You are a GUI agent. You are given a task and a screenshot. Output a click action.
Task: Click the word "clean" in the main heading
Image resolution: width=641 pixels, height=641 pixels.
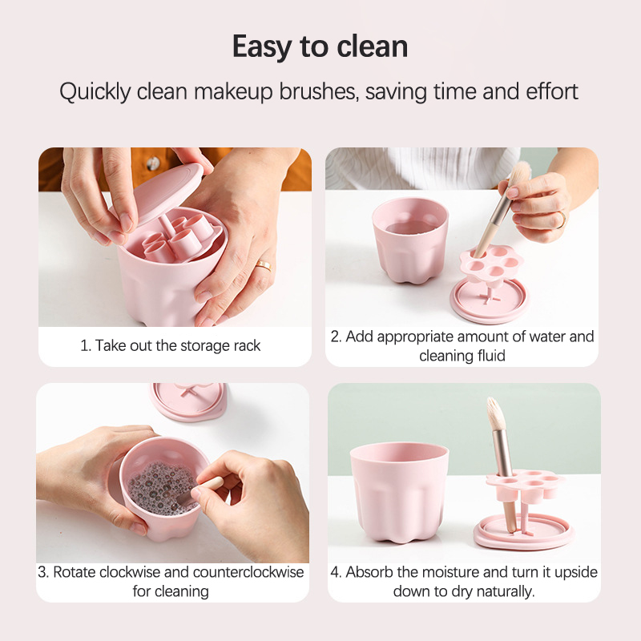tap(372, 46)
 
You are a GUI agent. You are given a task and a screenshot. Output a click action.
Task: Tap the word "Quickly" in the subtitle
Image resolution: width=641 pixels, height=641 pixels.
tap(95, 91)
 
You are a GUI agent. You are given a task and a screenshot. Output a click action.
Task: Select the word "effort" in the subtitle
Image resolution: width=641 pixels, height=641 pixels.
tap(552, 91)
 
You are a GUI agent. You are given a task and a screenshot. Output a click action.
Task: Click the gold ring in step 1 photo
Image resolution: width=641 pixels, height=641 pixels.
tap(264, 266)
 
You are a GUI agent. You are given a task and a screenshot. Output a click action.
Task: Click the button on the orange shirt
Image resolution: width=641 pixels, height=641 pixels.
tap(153, 163)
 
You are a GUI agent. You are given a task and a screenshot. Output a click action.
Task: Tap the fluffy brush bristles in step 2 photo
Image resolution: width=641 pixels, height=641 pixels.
tap(519, 173)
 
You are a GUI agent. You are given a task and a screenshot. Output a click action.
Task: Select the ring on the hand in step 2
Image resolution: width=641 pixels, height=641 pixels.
tap(562, 220)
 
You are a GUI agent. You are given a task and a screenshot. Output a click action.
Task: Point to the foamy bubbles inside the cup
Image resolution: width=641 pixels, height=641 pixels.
tap(161, 487)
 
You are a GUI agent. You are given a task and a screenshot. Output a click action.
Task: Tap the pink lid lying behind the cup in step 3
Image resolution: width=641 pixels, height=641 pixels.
tap(188, 401)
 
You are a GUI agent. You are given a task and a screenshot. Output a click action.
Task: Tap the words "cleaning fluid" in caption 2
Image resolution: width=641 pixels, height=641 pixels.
tap(462, 356)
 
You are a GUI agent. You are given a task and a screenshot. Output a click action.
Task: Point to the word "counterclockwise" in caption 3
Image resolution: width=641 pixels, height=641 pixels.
tap(248, 572)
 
